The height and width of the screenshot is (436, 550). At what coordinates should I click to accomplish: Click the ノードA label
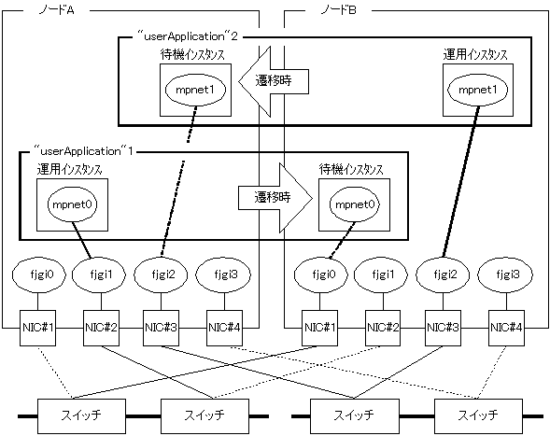[x=56, y=10]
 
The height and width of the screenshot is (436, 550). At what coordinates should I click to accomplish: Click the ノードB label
[x=339, y=10]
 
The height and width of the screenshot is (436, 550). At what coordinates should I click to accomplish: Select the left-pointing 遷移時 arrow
[x=274, y=81]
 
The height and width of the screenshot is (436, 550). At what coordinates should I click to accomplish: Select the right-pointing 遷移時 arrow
[x=275, y=198]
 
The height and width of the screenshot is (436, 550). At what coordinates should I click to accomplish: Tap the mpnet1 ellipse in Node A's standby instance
[x=195, y=90]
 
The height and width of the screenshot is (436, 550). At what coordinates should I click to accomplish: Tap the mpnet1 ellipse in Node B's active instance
[x=477, y=90]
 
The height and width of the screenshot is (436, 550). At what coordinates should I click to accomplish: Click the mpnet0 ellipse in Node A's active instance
[x=73, y=204]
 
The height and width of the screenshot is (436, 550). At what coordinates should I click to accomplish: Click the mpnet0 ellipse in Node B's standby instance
[x=355, y=204]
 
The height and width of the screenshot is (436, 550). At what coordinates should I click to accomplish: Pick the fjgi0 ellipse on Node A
[x=39, y=274]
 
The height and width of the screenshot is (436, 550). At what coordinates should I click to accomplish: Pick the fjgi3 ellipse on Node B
[x=506, y=274]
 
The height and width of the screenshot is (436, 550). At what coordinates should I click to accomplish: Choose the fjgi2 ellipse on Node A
[x=161, y=274]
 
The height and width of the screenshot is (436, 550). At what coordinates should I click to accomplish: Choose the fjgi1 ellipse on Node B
[x=382, y=274]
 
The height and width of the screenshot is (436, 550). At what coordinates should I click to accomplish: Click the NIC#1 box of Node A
[x=37, y=328]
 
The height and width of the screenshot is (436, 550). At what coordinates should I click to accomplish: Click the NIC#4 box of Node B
[x=506, y=328]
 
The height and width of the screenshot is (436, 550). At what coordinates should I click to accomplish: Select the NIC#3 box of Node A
[x=161, y=328]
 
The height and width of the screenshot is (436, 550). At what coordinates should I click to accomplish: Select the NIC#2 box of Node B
[x=383, y=328]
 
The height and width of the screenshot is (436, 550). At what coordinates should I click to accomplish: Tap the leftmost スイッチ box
[x=81, y=416]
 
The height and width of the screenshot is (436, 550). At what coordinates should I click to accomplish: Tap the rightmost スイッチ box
[x=478, y=416]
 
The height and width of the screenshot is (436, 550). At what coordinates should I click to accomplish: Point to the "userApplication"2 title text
[x=188, y=36]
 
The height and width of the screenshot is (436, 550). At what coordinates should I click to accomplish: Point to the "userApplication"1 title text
[x=83, y=151]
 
